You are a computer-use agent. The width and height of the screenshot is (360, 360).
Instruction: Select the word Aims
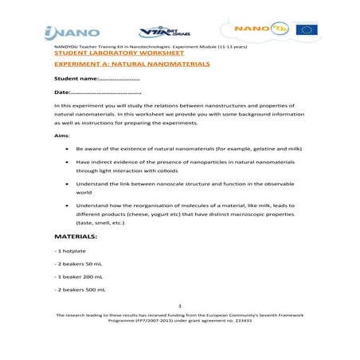pos(61,136)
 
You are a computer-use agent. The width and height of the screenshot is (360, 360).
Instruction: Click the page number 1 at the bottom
pos(181,306)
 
